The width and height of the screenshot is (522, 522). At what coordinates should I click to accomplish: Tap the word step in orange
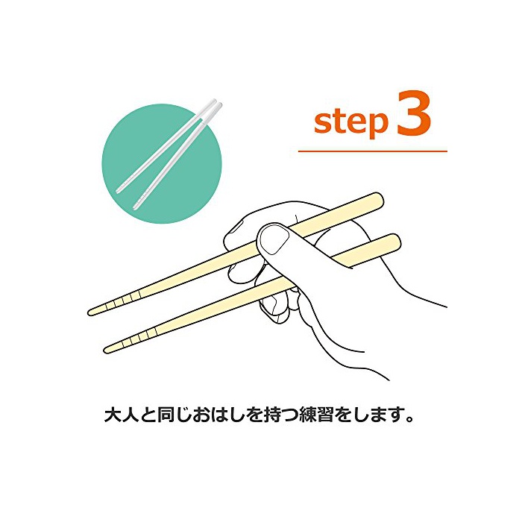351,122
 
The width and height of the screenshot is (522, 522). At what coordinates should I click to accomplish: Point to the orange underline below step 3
373,151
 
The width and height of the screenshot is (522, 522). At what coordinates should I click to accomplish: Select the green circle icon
162,163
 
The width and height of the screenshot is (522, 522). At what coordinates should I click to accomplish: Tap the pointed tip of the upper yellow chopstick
90,312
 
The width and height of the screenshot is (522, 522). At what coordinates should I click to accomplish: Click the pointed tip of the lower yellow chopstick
106,350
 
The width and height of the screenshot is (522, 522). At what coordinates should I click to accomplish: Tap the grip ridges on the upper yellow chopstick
122,301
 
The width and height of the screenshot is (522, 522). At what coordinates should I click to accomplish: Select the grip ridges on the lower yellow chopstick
139,337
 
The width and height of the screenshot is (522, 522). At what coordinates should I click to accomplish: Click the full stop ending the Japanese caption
409,419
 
